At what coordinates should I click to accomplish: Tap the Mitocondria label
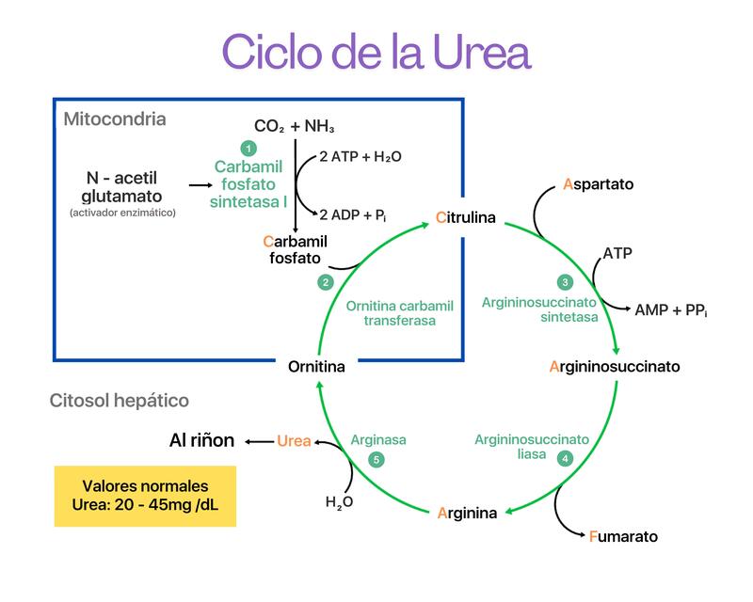(x=115, y=119)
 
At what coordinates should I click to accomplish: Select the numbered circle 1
(x=248, y=148)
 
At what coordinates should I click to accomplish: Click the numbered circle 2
(x=325, y=282)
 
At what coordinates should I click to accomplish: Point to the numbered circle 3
(x=565, y=282)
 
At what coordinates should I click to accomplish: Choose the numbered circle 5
(x=376, y=459)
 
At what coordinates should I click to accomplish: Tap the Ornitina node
(x=316, y=366)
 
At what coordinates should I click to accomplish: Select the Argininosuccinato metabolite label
(x=614, y=366)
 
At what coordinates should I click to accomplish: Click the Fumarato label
(x=623, y=537)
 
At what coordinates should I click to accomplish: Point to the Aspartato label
(x=599, y=184)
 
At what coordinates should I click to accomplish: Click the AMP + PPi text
(x=671, y=309)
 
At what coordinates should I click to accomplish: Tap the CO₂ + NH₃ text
(x=295, y=126)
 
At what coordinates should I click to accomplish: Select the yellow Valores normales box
(x=145, y=496)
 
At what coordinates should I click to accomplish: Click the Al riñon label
(x=201, y=440)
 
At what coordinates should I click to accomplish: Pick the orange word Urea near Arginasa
(x=294, y=440)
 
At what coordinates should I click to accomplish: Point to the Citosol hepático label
(x=119, y=401)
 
